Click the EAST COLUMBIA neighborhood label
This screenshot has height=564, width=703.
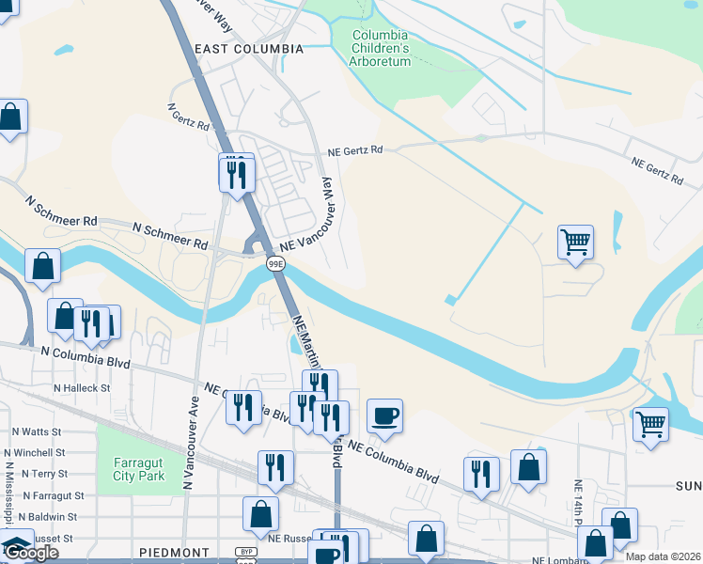click(248, 48)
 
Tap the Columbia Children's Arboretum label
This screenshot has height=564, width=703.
click(381, 48)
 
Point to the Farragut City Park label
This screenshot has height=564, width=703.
click(139, 469)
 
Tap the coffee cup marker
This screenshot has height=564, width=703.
click(384, 415)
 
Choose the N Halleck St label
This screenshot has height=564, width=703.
click(82, 387)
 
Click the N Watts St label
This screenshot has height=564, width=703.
click(37, 431)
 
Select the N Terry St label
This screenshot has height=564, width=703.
click(42, 474)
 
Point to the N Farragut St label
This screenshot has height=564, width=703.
click(54, 495)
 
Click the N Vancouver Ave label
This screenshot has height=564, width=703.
click(192, 441)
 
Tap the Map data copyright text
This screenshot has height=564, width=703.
click(664, 556)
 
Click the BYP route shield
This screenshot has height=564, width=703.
click(246, 552)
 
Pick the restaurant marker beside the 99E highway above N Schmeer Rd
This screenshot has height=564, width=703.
click(236, 174)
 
